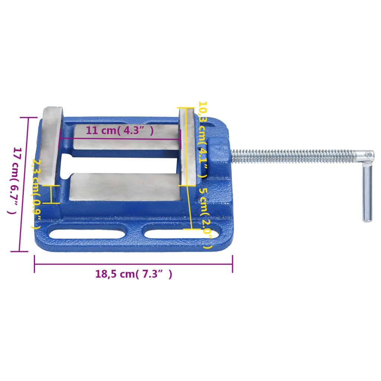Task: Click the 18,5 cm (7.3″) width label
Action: click(134, 275)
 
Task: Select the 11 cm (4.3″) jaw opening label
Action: click(119, 131)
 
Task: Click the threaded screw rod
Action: click(294, 156)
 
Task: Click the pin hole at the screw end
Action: click(368, 154)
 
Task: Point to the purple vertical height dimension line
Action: click(26, 184)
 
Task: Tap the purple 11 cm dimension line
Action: click(119, 139)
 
